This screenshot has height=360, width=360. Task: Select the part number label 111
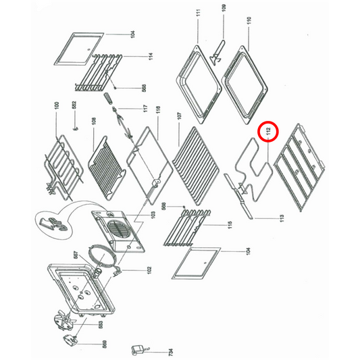tap(199, 15)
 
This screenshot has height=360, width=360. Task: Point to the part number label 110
tap(249, 20)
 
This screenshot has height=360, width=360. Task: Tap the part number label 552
tap(74, 106)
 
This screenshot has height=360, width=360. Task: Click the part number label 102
tap(149, 270)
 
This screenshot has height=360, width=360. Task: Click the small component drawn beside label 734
tap(138, 349)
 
